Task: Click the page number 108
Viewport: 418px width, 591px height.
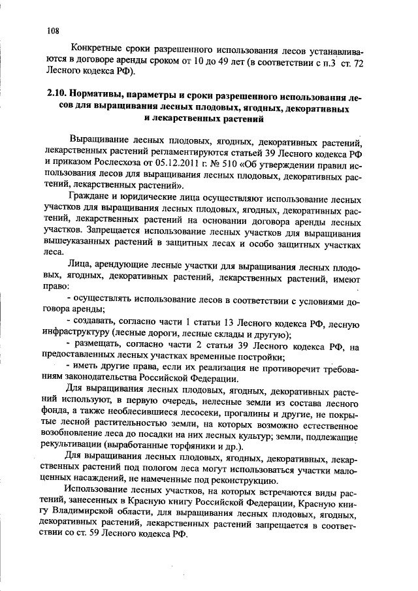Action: coord(54,30)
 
